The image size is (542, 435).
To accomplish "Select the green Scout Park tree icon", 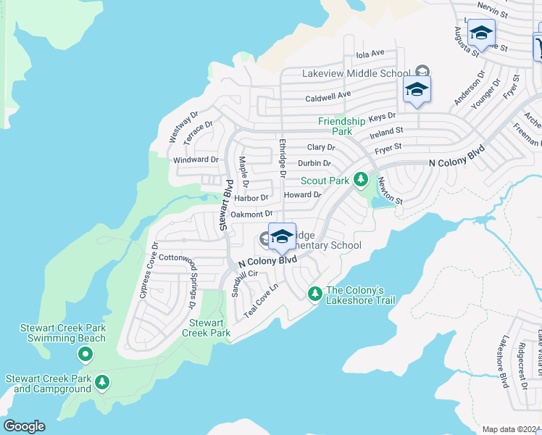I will (361, 180).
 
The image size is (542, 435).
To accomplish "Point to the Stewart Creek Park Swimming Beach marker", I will (86, 354).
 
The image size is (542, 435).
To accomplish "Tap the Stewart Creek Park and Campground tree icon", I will (103, 381).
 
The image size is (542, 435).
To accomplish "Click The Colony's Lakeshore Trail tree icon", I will (314, 294).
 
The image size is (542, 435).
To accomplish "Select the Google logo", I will (24, 426).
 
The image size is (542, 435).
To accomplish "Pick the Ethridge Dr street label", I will (282, 157).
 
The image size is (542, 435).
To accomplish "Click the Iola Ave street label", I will (370, 54).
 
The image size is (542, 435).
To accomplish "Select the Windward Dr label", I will (196, 159).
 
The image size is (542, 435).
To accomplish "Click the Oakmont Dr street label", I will (251, 214).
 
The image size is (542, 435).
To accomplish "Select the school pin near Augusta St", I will (481, 33).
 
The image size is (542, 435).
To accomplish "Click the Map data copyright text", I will (512, 429).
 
